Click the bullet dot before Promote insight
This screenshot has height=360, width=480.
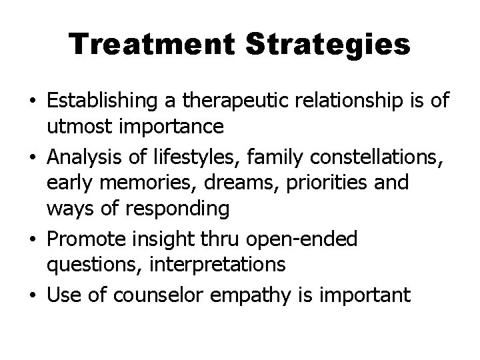point(33,237)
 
